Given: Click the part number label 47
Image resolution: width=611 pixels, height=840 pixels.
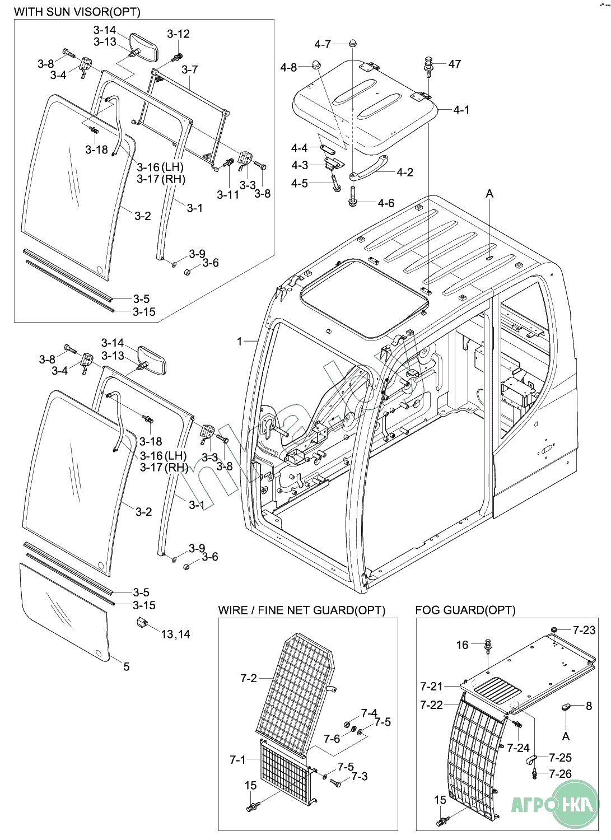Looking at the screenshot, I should [455, 64].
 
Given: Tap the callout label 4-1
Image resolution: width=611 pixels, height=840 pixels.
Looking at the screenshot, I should [461, 110].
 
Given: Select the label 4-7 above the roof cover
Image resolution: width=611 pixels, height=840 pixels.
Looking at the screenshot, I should [323, 44].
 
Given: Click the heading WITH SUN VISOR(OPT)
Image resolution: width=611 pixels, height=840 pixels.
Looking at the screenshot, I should [77, 11].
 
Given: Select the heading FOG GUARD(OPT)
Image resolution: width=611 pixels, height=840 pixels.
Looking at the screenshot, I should [465, 610].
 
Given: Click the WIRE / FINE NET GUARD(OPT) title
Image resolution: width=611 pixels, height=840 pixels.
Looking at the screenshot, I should [302, 610].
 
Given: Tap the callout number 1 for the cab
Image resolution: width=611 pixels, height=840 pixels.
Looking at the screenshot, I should [240, 341].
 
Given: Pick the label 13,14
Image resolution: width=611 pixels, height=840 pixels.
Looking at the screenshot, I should [175, 634].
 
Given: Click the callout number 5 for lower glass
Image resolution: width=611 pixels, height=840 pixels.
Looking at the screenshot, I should [127, 666].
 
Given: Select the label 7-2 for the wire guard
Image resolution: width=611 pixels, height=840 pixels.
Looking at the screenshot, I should [249, 678].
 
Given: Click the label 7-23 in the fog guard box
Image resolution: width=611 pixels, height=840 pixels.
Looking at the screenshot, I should [584, 630].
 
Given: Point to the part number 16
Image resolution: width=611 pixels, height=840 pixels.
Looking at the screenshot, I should [462, 645].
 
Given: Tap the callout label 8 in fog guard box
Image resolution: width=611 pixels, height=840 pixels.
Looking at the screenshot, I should [589, 706].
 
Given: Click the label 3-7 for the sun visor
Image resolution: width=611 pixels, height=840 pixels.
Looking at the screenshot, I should [190, 69].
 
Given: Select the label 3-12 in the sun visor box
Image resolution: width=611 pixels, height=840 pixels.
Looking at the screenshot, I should [178, 34].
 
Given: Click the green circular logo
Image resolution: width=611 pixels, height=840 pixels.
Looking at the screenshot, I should [574, 804].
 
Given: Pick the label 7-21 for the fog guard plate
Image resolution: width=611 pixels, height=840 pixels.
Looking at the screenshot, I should [432, 686].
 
